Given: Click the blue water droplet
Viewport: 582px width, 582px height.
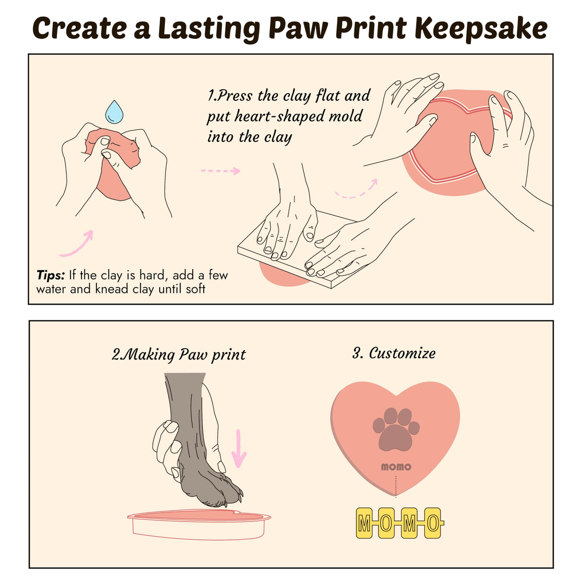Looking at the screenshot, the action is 114,112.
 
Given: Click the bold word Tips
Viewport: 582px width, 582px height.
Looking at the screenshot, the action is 50,275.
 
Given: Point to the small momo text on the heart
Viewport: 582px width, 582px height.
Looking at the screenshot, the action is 396,467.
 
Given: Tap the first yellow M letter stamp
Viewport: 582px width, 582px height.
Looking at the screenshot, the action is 364,524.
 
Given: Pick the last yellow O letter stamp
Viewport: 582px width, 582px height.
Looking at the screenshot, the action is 433,524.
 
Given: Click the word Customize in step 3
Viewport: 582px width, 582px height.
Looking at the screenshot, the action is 402,353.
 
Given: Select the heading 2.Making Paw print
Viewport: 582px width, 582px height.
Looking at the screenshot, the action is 178,355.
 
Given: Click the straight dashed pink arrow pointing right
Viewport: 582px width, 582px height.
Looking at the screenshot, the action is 220,171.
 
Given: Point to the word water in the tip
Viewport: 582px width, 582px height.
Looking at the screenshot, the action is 51,290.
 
